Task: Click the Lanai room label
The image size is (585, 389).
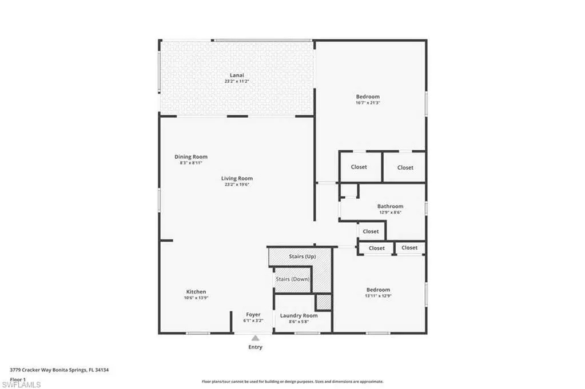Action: pyautogui.click(x=237, y=75)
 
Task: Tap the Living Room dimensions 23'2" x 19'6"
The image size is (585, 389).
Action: pyautogui.click(x=237, y=185)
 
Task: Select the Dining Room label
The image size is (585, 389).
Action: pyautogui.click(x=191, y=157)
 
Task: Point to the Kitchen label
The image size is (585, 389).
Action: pyautogui.click(x=196, y=292)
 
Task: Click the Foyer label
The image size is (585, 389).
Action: pyautogui.click(x=253, y=315)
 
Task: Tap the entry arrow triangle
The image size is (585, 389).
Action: pyautogui.click(x=255, y=338)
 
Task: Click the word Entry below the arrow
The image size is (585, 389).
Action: pyautogui.click(x=256, y=347)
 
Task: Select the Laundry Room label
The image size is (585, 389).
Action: pyautogui.click(x=299, y=315)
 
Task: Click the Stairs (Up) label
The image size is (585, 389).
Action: pyautogui.click(x=303, y=256)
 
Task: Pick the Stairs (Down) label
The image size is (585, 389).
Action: pyautogui.click(x=293, y=279)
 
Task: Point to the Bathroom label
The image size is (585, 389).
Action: pyautogui.click(x=390, y=206)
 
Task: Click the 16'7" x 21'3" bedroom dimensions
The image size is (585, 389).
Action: pyautogui.click(x=368, y=103)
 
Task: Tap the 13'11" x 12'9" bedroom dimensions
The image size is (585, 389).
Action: pyautogui.click(x=379, y=296)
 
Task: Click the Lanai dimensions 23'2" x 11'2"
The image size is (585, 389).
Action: pyautogui.click(x=237, y=81)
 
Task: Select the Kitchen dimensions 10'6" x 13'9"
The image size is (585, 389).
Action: pyautogui.click(x=196, y=298)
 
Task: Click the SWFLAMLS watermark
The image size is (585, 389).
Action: pyautogui.click(x=21, y=384)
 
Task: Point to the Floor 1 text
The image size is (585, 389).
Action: pyautogui.click(x=18, y=380)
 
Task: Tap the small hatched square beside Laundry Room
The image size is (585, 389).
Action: pyautogui.click(x=324, y=302)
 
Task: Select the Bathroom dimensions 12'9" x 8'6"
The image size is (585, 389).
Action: pyautogui.click(x=390, y=212)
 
